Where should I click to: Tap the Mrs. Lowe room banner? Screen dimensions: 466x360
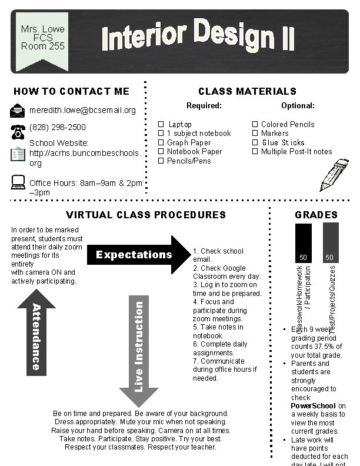42,38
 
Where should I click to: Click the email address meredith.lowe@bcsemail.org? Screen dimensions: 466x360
82,110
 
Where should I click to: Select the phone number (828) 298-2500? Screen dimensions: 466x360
57,127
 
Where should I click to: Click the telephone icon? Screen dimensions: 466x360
17,131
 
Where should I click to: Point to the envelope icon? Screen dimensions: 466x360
18,110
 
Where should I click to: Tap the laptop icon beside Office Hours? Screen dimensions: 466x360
18,183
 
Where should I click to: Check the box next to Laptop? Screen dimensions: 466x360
161,125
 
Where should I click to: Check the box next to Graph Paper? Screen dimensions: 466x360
161,142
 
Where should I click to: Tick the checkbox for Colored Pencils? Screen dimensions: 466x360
255,125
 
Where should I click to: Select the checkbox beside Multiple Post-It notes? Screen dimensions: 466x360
255,152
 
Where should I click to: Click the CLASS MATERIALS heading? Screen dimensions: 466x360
247,91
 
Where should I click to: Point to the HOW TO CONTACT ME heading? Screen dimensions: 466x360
71,91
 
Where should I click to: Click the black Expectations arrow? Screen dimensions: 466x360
141,255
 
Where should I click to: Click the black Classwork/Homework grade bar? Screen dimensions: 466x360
303,243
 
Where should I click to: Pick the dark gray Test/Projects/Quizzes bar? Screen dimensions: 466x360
331,243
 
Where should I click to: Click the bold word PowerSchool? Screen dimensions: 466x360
313,406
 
